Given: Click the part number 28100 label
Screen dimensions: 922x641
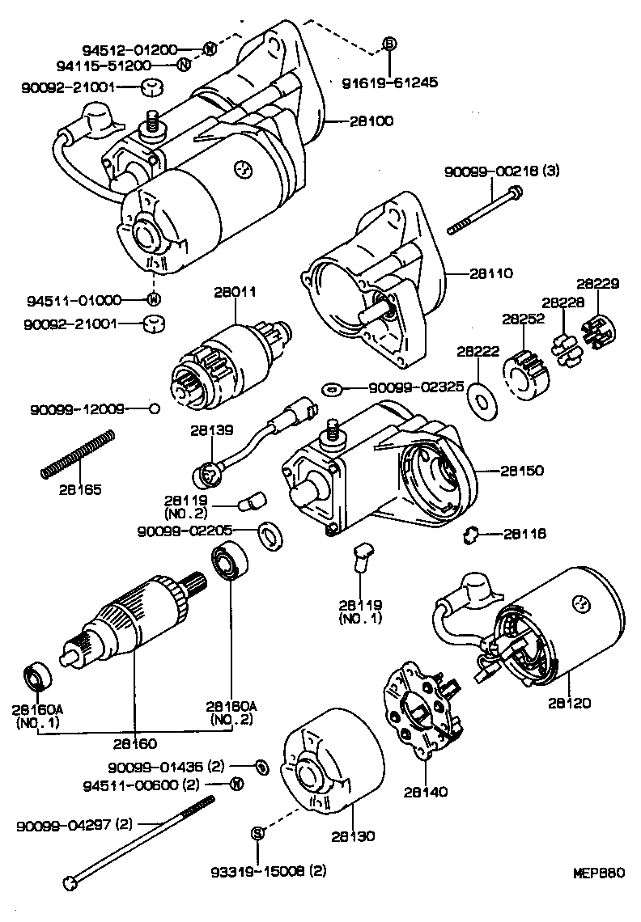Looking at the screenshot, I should click(x=371, y=121).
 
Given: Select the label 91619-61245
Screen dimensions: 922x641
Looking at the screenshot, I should click(x=389, y=82).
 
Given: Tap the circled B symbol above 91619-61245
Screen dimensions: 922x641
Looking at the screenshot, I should click(x=389, y=44).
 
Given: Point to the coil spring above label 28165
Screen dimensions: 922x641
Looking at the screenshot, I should click(x=76, y=456).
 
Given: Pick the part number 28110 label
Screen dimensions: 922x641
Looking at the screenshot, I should click(x=490, y=274).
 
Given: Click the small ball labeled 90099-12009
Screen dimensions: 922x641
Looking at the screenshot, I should click(x=154, y=409).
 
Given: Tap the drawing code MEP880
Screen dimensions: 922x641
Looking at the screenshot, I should click(x=598, y=873).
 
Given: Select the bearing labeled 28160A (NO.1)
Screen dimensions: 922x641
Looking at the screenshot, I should click(x=36, y=676).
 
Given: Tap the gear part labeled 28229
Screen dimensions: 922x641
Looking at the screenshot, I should click(x=599, y=329).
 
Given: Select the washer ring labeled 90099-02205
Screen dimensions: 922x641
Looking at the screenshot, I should click(x=265, y=533).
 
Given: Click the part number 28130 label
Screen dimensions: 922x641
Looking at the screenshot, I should click(x=353, y=836).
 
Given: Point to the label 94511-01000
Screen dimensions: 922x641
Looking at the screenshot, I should click(x=82, y=299).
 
